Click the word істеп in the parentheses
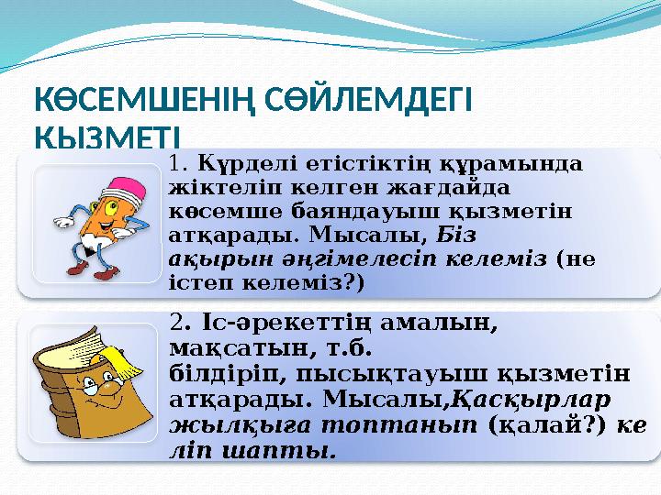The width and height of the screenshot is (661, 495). (195, 282)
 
